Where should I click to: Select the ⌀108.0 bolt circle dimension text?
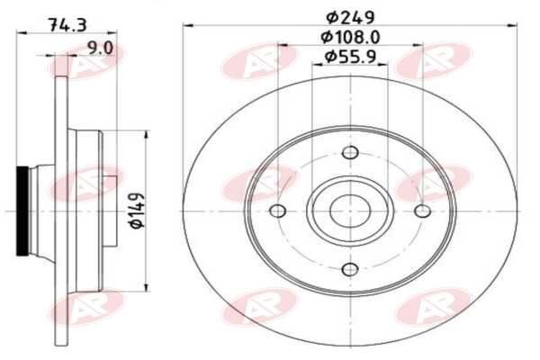(x=350, y=37)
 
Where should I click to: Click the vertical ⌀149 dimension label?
(x=136, y=210)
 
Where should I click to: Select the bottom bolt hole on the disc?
(x=351, y=268)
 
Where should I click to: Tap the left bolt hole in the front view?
(x=278, y=211)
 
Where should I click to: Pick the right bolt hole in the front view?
(x=423, y=211)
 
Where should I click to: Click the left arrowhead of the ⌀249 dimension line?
(x=188, y=26)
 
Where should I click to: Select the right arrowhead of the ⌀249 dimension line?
(x=512, y=26)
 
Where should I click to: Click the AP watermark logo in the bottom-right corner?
(x=433, y=307)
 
